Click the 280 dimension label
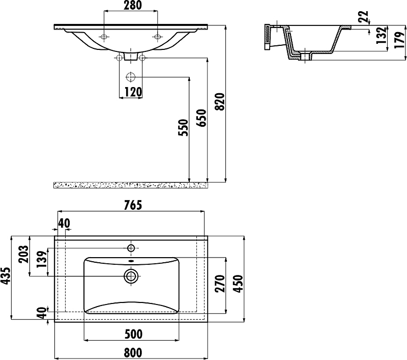tap(133, 5)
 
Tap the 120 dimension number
tap(133, 92)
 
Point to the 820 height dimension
tap(220, 102)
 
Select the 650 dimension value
tap(201, 118)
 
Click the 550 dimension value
tap(183, 127)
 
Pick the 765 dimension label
tap(133, 205)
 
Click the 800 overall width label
tap(133, 353)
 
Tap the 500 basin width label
tap(133, 334)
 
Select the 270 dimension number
tap(220, 284)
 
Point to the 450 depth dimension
tap(238, 284)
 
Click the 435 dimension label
tap(6, 275)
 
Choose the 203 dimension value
tap(23, 254)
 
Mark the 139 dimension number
tap(42, 260)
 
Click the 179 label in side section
tap(399, 40)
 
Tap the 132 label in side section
tap(381, 35)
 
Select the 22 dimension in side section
tap(363, 17)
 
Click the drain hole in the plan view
tap(131, 276)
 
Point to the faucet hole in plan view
tap(131, 248)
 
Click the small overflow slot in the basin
tap(131, 261)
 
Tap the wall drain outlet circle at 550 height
tap(131, 77)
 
